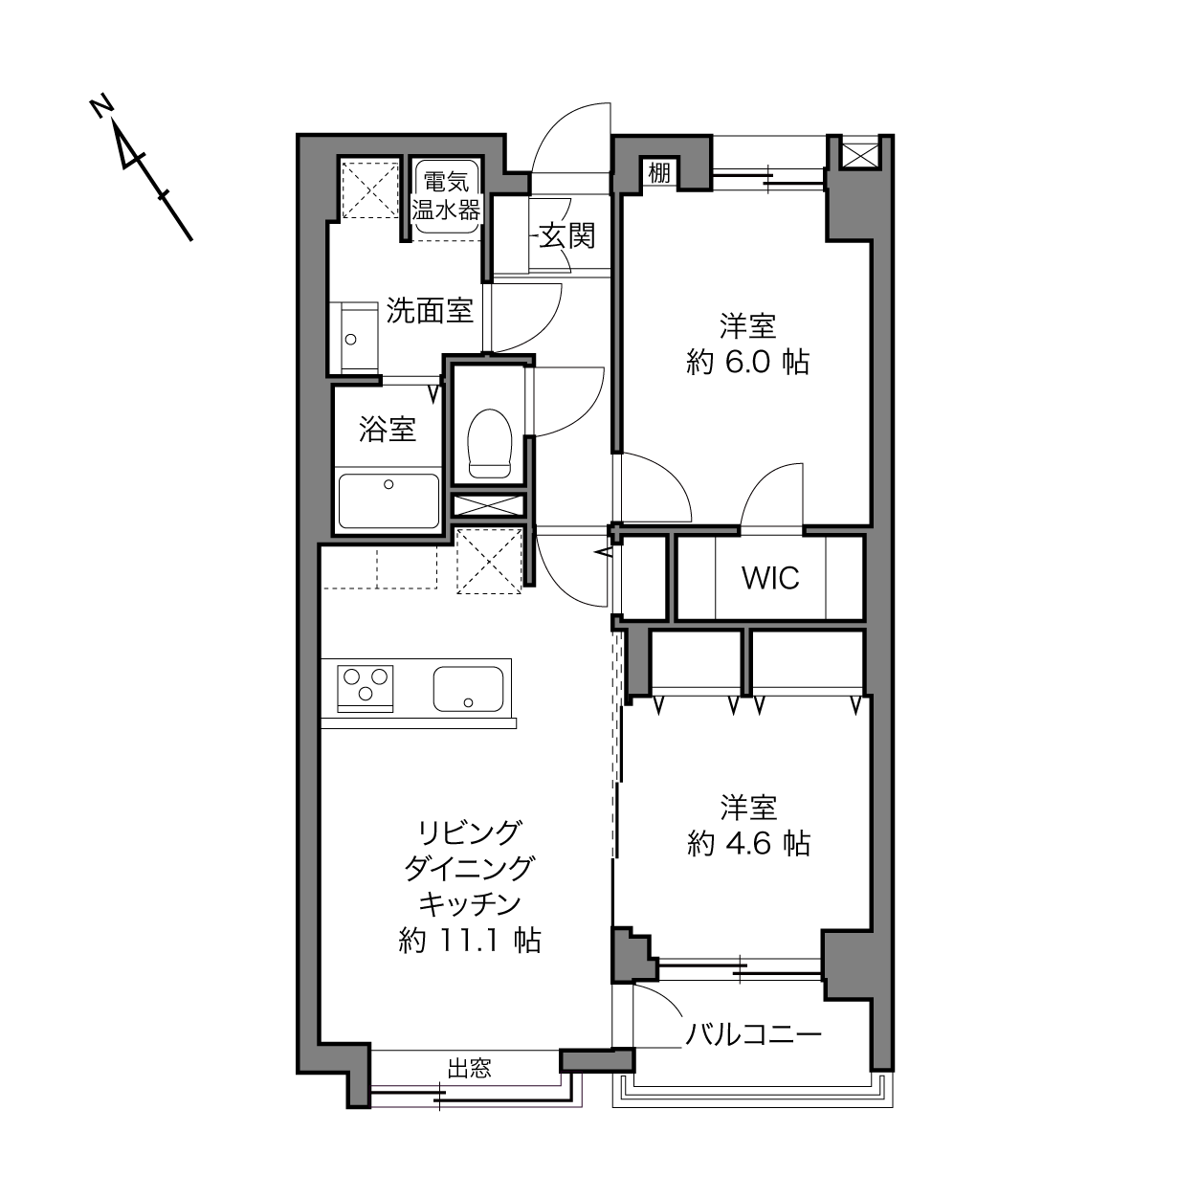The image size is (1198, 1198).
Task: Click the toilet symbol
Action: (x=489, y=443)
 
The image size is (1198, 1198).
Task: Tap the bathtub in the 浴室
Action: (x=388, y=501)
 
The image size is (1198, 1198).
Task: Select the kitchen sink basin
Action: (x=468, y=689)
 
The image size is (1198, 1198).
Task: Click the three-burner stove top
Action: (x=365, y=688)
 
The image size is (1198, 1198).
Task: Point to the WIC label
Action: (x=770, y=579)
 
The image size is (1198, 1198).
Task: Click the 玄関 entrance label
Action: (x=567, y=235)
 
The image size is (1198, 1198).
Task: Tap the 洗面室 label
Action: (x=431, y=310)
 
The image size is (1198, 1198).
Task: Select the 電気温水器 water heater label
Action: (x=446, y=196)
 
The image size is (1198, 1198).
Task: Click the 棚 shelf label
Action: (x=659, y=172)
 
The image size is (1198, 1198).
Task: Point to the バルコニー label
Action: (x=753, y=1035)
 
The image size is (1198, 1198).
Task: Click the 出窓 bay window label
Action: (x=470, y=1068)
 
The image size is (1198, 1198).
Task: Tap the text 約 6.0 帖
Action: (x=748, y=362)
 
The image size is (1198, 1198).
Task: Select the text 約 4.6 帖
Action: (x=748, y=844)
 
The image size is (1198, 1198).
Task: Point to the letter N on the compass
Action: (x=100, y=107)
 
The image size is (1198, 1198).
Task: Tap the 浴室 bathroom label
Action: (x=388, y=429)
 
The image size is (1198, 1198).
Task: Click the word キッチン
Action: (x=470, y=904)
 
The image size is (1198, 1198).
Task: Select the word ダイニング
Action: (x=470, y=868)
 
